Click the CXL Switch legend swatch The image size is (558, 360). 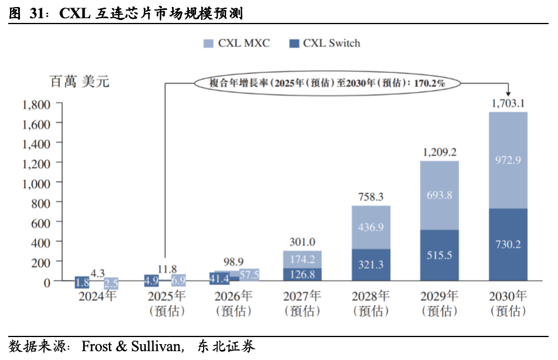point(294,44)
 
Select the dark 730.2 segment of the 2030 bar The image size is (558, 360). point(508,244)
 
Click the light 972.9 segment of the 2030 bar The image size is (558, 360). point(508,160)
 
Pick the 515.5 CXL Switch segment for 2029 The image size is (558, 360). point(439,255)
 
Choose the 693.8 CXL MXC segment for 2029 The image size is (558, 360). point(439,195)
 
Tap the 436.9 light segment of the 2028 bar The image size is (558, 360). point(371,227)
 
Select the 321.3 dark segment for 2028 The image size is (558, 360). point(371,264)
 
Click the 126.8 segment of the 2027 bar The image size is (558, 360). point(303,274)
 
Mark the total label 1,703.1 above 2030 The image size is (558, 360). point(508,104)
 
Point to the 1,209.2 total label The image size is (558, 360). point(439,152)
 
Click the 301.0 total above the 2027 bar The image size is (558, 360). point(303,242)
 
